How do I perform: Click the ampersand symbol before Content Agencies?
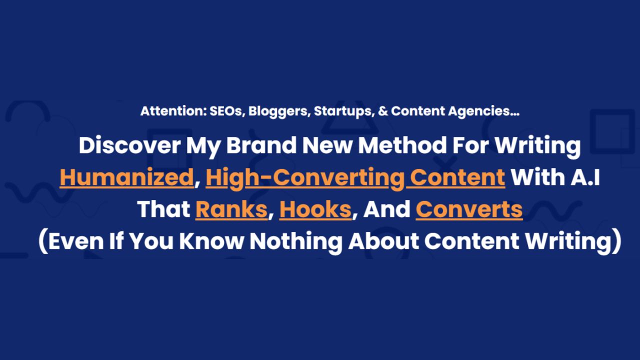click(383, 111)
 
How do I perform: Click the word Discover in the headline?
click(129, 145)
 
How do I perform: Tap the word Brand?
click(261, 145)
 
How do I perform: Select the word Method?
click(402, 145)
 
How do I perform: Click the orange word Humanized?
click(127, 177)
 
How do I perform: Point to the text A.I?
click(585, 177)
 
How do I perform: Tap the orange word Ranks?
click(231, 209)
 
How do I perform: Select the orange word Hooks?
click(315, 209)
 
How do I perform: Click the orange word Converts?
click(469, 209)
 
